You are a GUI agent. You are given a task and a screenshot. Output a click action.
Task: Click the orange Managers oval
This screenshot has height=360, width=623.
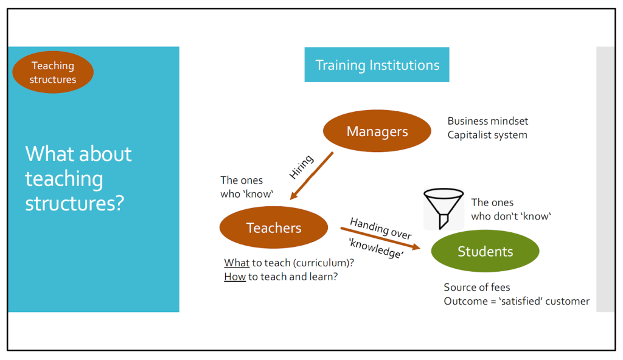coord(377,131)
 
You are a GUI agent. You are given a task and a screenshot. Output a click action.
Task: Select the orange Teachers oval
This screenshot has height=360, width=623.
coord(274,227)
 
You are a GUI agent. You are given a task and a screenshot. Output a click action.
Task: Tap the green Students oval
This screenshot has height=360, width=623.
coord(485,251)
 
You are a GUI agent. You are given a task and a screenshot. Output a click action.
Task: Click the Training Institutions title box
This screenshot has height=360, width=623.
coord(377,65)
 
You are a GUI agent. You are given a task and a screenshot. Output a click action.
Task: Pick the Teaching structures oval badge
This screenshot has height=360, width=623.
coord(53,72)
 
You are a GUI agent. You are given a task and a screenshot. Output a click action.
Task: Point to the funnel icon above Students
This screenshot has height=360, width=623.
coord(444,209)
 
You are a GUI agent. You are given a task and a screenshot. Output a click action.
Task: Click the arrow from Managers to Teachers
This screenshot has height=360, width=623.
coord(311,176)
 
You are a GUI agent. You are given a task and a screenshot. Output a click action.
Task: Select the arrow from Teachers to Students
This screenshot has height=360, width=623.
coord(380,238)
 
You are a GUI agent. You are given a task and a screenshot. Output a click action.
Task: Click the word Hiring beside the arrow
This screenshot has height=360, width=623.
coord(301,167)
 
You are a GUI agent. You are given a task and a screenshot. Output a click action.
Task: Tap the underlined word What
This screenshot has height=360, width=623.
coord(237,263)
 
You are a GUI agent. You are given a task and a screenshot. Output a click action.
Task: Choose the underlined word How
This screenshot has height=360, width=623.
coord(235,277)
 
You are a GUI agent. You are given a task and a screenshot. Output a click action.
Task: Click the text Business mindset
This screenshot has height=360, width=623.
coord(487,121)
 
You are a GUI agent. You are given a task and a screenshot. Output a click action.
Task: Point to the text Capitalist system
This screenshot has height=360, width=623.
coord(487,135)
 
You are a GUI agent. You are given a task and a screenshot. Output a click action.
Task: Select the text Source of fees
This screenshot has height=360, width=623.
coord(477,287)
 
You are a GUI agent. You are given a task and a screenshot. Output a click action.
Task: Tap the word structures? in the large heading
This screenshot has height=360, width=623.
coord(75,204)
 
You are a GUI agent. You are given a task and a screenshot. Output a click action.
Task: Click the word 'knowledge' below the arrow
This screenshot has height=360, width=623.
coord(376,248)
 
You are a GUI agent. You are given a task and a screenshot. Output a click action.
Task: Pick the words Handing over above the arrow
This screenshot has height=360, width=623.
coord(381,229)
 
